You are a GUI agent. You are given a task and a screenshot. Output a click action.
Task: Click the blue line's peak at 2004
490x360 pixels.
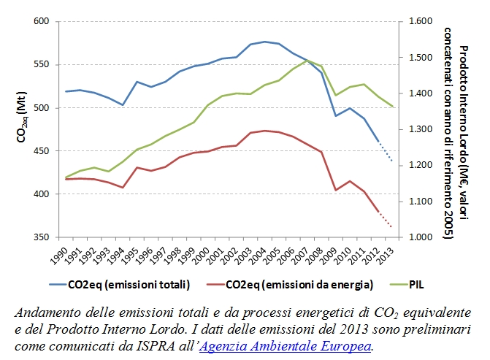pos(264,42)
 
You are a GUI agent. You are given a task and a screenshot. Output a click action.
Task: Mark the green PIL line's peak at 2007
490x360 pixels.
pos(307,60)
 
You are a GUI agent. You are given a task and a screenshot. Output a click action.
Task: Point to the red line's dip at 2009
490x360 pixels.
pos(336,190)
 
